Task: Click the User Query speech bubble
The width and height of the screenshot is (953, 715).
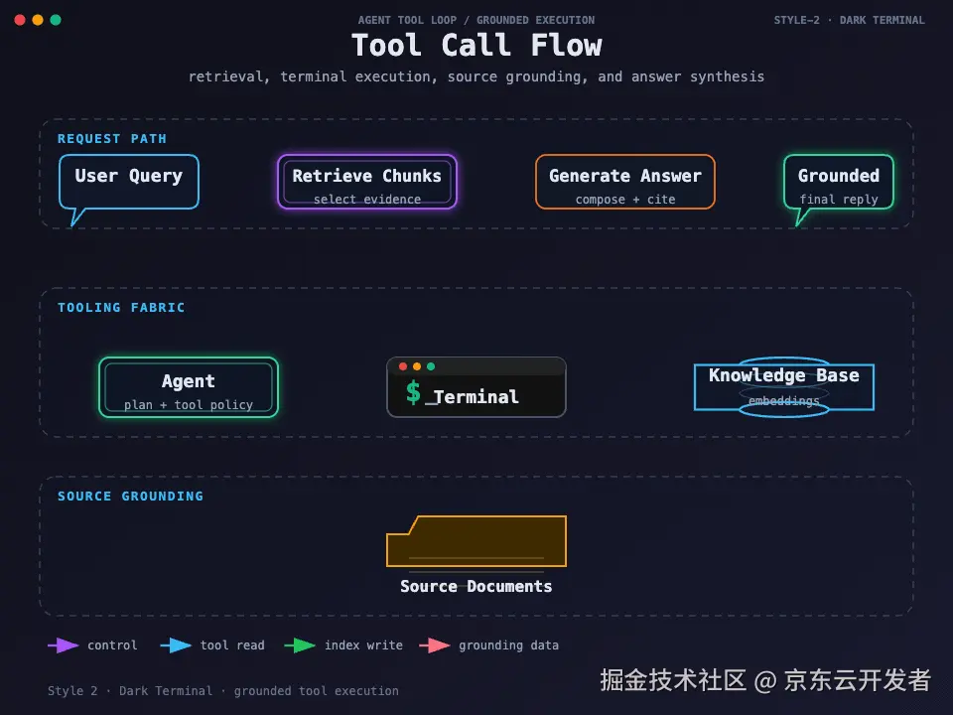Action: [129, 182]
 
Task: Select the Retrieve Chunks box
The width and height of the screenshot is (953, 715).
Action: [367, 182]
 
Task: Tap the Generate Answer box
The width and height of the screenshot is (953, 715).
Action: [624, 182]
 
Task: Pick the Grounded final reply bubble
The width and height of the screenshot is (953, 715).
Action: [839, 182]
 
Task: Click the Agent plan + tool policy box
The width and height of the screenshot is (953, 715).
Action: [189, 387]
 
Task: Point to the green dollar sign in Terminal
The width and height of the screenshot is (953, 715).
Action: [413, 392]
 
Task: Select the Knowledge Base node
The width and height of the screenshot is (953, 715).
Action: [784, 386]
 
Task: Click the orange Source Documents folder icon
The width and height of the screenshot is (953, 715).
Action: [476, 541]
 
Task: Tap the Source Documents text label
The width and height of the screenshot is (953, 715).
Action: [476, 586]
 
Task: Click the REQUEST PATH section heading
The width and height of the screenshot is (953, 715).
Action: [112, 139]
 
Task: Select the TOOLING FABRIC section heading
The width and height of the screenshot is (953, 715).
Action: [121, 308]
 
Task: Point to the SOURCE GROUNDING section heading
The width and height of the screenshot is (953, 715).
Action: [130, 497]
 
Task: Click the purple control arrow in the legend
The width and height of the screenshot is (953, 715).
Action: [64, 645]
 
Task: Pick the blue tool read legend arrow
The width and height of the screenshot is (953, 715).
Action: [176, 645]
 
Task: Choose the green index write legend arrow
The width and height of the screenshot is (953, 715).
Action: [300, 645]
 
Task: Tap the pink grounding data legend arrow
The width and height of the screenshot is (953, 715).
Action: [435, 645]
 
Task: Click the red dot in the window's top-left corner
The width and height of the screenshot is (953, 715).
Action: [20, 20]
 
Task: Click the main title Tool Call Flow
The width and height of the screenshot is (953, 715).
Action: [476, 46]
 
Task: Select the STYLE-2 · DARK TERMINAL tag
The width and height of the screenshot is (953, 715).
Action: [849, 20]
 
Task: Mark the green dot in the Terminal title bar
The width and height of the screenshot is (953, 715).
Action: [431, 366]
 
